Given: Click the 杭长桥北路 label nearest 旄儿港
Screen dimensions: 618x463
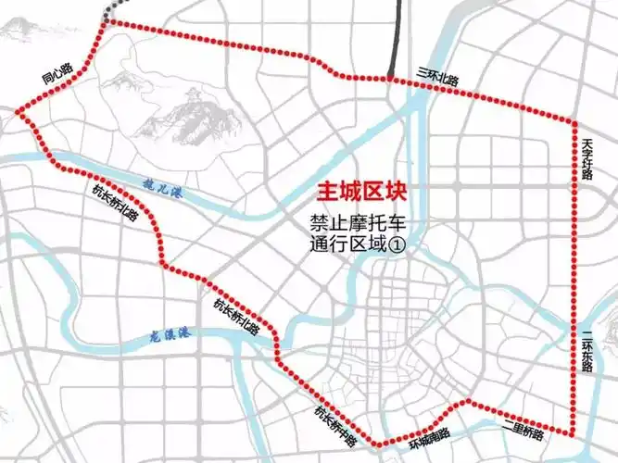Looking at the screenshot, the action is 115,201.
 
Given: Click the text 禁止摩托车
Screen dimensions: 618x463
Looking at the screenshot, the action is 360,225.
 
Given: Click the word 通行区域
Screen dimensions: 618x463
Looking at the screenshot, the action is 351,245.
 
